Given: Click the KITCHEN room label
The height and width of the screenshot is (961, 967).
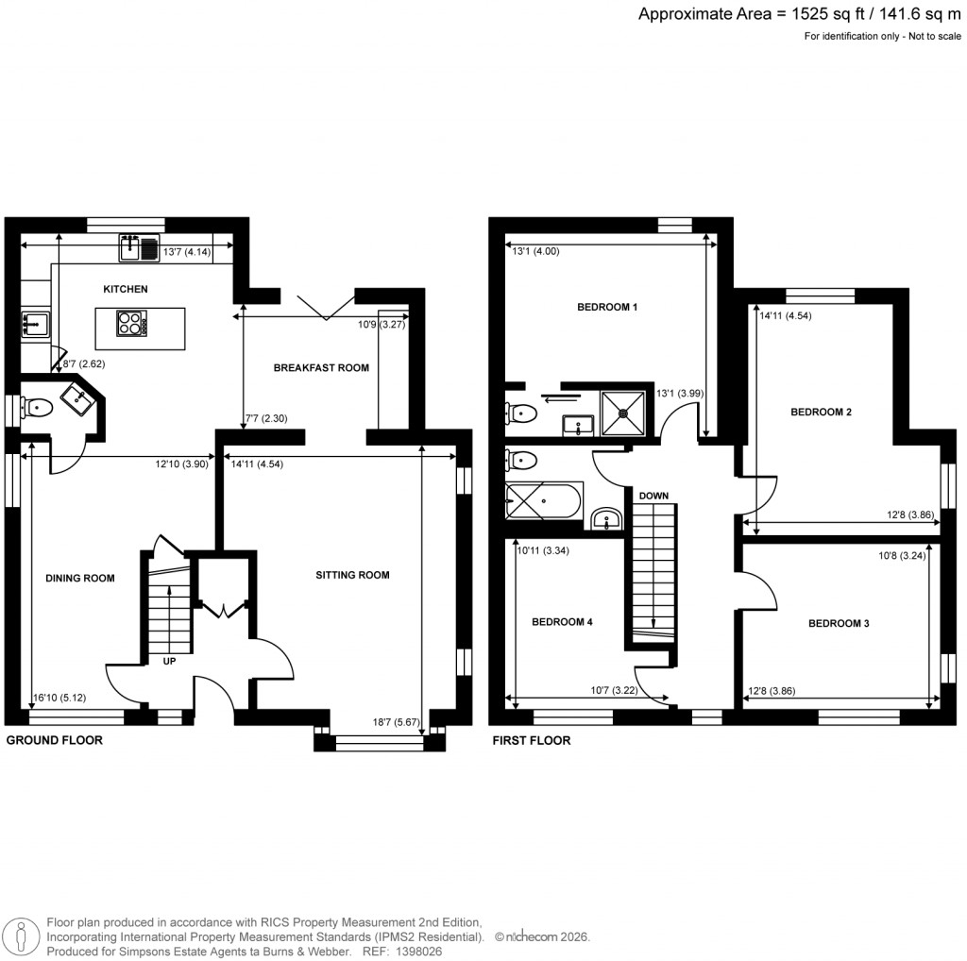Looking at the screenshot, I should (127, 289).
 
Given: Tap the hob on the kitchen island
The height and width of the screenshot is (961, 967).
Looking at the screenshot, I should (130, 325).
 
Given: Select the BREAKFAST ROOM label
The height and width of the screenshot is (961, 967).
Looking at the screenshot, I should (321, 367).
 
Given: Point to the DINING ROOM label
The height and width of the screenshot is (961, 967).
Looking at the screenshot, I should (80, 579).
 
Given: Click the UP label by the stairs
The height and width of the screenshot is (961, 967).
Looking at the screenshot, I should (170, 662).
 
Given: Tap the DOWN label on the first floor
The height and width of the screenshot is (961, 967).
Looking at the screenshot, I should (653, 496).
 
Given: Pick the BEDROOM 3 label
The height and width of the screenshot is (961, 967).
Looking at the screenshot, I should (839, 624).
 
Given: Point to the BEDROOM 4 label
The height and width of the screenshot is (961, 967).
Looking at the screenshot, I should (562, 622).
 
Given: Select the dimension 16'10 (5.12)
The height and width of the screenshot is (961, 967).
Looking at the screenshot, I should (59, 698).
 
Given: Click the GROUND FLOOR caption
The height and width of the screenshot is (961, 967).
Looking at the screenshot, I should (55, 741).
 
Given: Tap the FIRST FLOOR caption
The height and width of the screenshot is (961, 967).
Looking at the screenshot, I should (532, 741).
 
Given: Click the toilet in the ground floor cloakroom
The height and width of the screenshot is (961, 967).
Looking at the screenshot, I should (38, 408).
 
